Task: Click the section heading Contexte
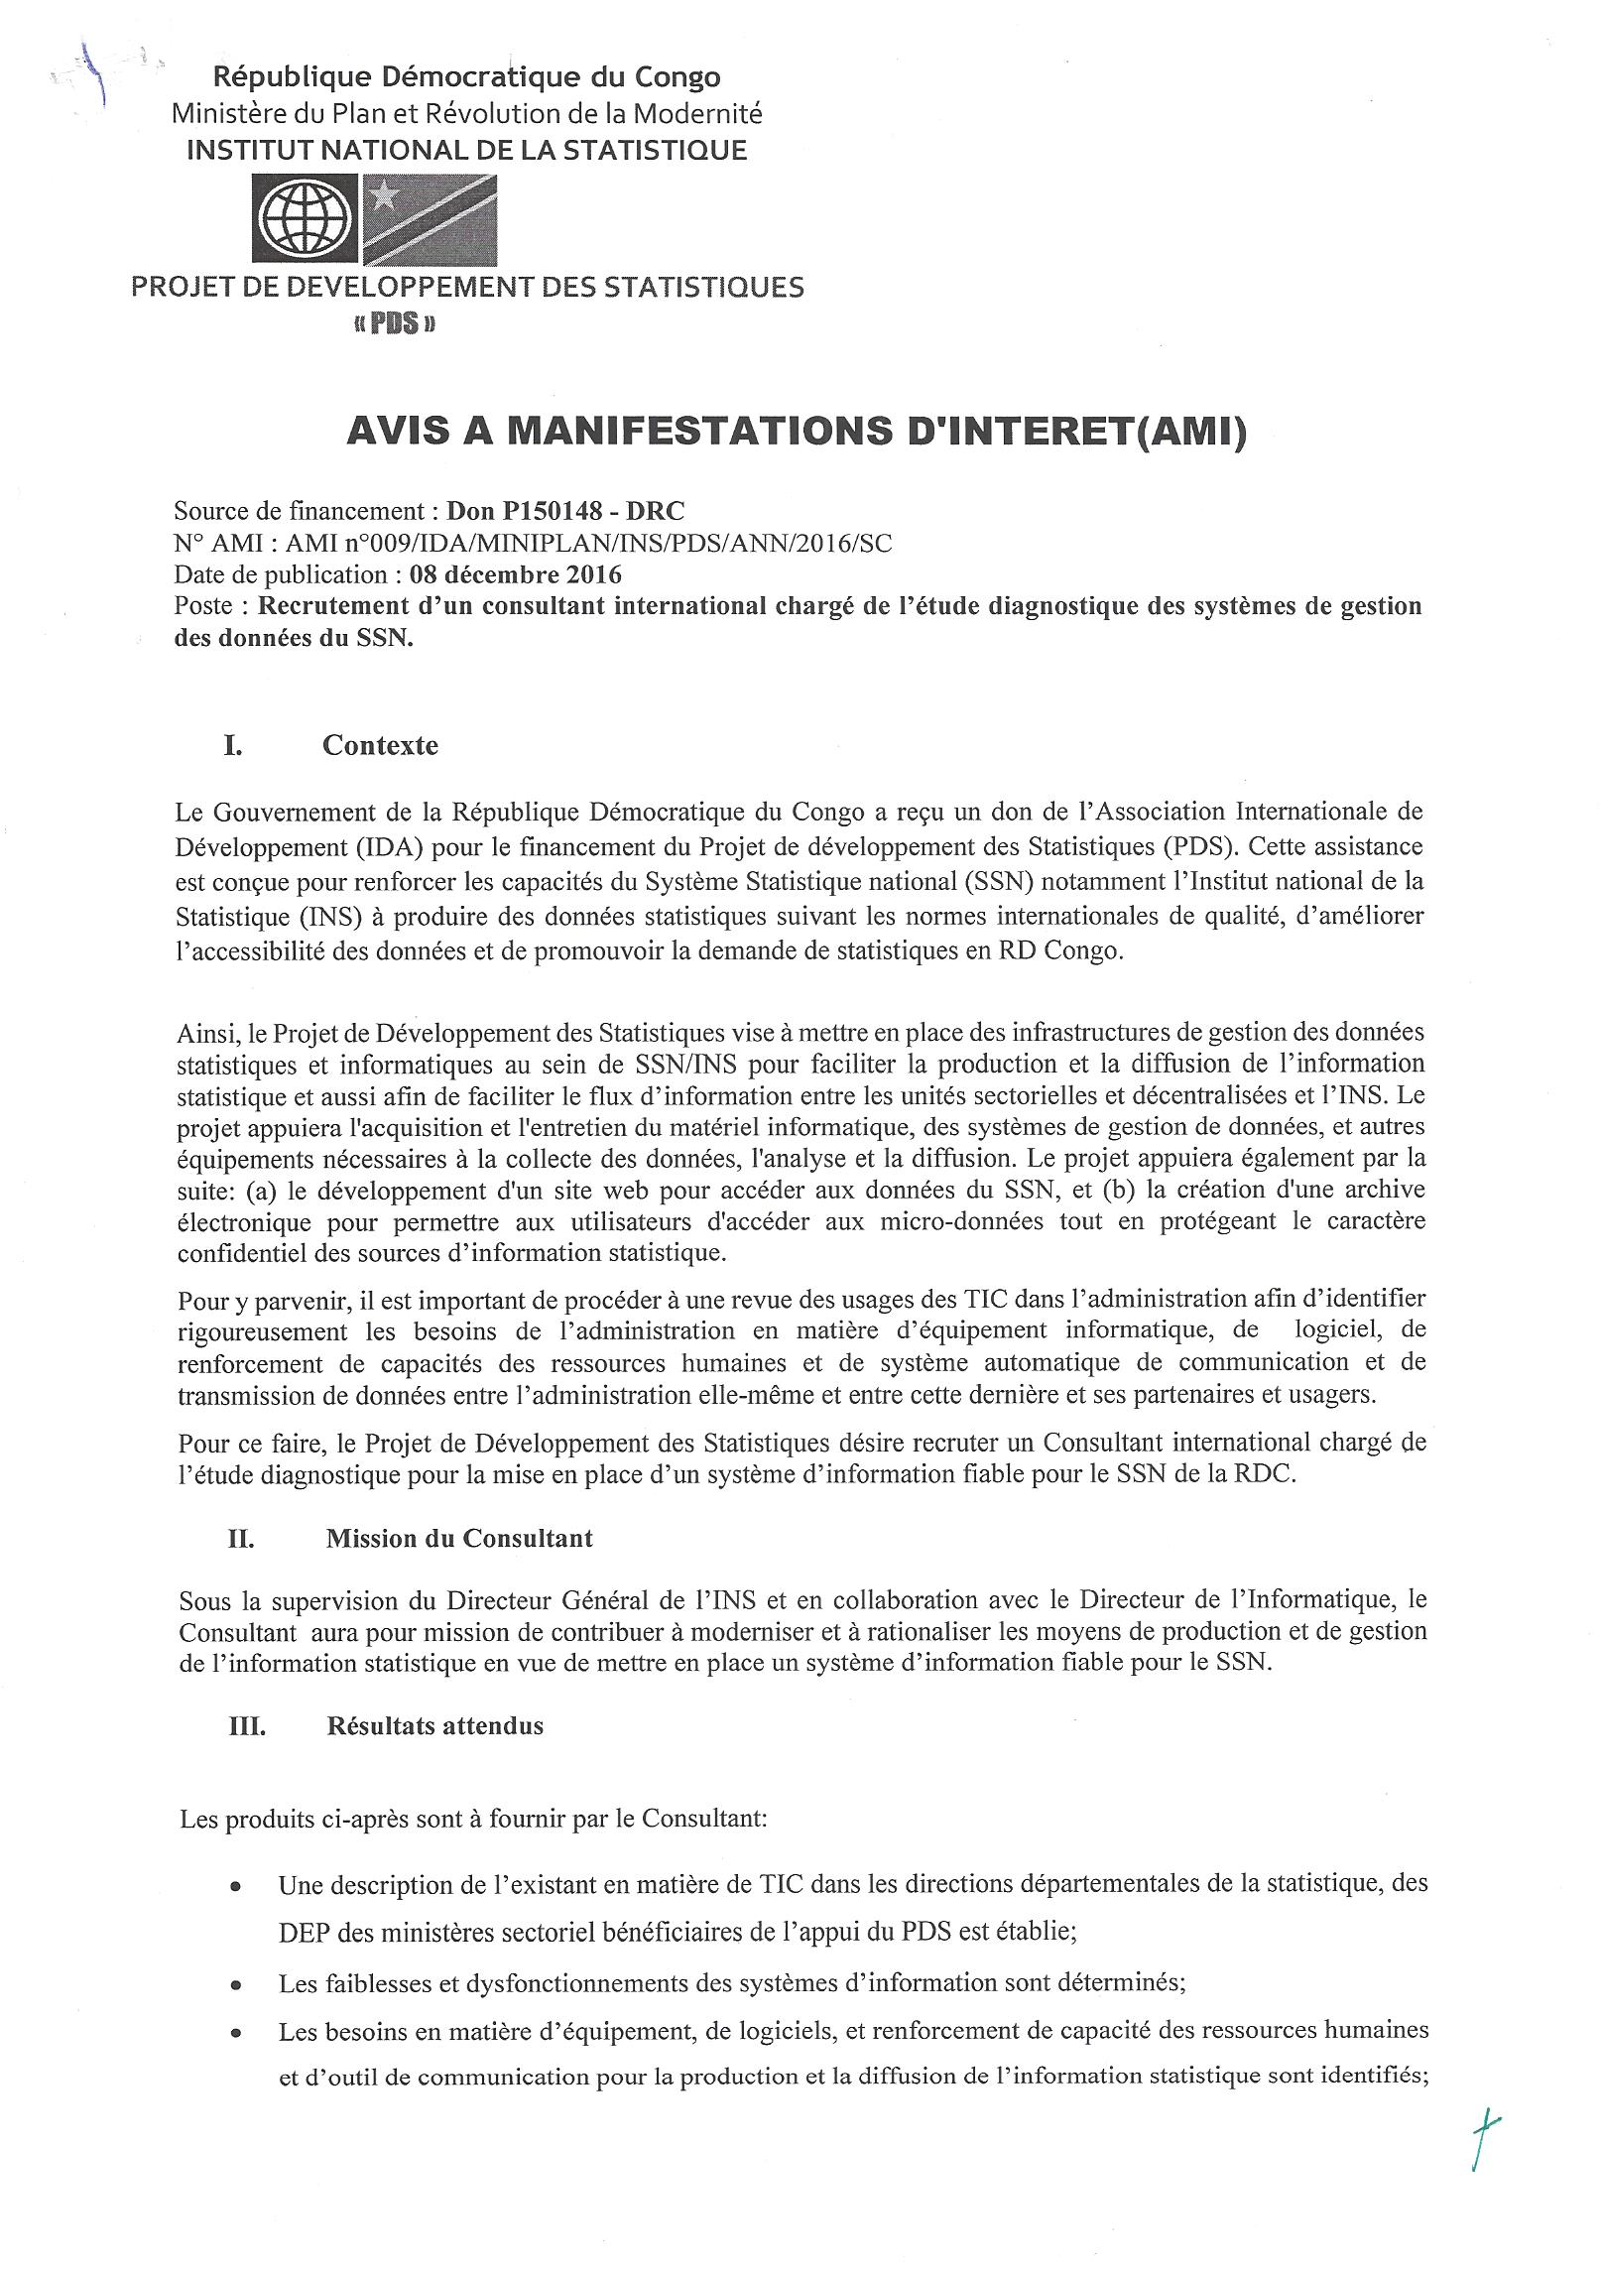click(380, 745)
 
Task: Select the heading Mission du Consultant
click(459, 1538)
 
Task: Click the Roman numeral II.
click(240, 1539)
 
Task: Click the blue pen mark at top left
click(100, 75)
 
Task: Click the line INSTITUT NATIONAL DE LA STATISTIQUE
click(467, 150)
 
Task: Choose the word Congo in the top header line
click(672, 77)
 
